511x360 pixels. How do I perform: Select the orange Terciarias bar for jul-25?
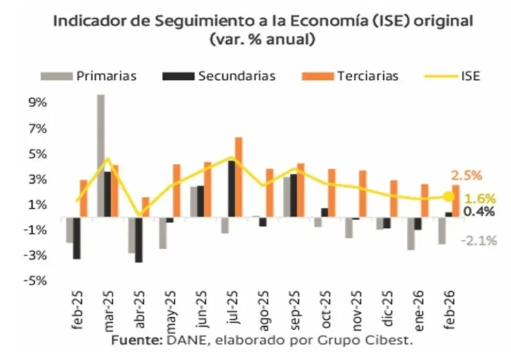tap(239, 177)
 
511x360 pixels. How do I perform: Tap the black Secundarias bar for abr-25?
tap(138, 240)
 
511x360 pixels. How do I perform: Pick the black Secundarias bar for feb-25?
tap(77, 238)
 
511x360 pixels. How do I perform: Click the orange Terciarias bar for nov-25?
tap(363, 194)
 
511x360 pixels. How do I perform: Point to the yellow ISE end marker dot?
tap(448, 196)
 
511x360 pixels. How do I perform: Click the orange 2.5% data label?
tap(466, 176)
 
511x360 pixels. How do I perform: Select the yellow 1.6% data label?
tap(479, 198)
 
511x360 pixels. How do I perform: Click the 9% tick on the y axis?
tap(37, 103)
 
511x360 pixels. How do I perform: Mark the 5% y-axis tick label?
tap(37, 154)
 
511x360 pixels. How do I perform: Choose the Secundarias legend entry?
tap(236, 75)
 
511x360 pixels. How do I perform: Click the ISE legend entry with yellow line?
tap(469, 75)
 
